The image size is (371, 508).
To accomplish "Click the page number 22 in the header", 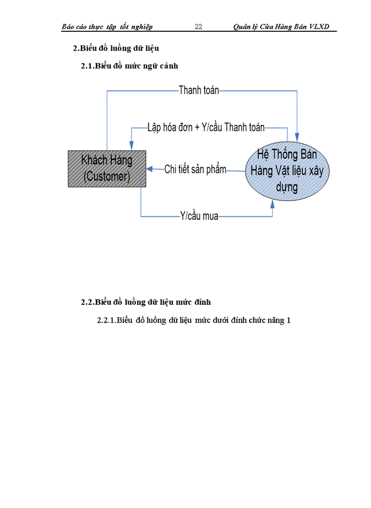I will point(199,26).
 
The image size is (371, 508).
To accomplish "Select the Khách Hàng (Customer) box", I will point(107,168).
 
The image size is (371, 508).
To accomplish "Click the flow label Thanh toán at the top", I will point(199,90).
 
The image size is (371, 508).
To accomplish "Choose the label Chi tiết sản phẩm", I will point(195,169).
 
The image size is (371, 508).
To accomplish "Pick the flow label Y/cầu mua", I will point(199,216).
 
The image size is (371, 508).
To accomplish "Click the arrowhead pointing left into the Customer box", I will point(149,169).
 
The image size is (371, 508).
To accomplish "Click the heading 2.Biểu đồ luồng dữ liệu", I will point(116,49).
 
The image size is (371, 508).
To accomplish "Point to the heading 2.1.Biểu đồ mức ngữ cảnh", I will point(129,66).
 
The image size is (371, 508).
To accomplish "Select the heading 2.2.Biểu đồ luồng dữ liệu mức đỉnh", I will point(146,302).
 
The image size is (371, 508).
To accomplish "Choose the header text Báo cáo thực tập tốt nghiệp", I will point(107,26).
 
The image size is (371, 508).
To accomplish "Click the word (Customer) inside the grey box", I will point(107,177).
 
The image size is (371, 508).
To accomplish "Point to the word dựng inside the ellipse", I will point(287,187).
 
